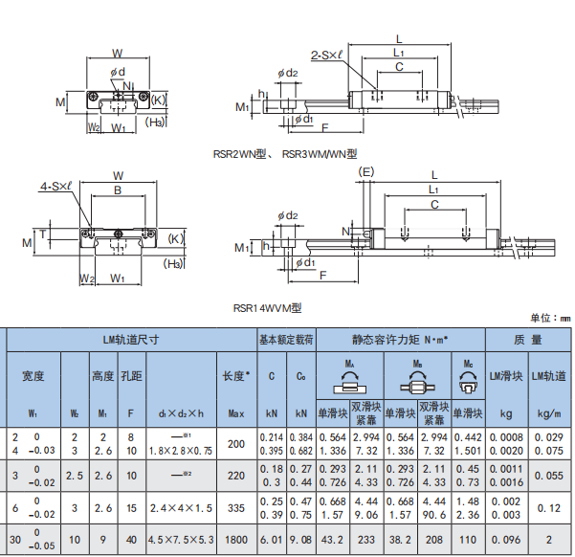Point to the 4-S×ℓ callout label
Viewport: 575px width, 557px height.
(x=55, y=187)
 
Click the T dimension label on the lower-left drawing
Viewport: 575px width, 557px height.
(x=43, y=232)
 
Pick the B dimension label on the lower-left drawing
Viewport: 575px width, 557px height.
(x=118, y=191)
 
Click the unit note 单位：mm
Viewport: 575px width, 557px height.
(x=548, y=318)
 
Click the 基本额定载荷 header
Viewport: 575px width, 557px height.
(x=286, y=339)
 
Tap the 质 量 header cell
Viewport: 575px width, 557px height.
(x=528, y=339)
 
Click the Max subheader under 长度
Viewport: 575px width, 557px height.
(x=234, y=413)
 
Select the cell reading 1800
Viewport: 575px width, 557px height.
(x=234, y=539)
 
